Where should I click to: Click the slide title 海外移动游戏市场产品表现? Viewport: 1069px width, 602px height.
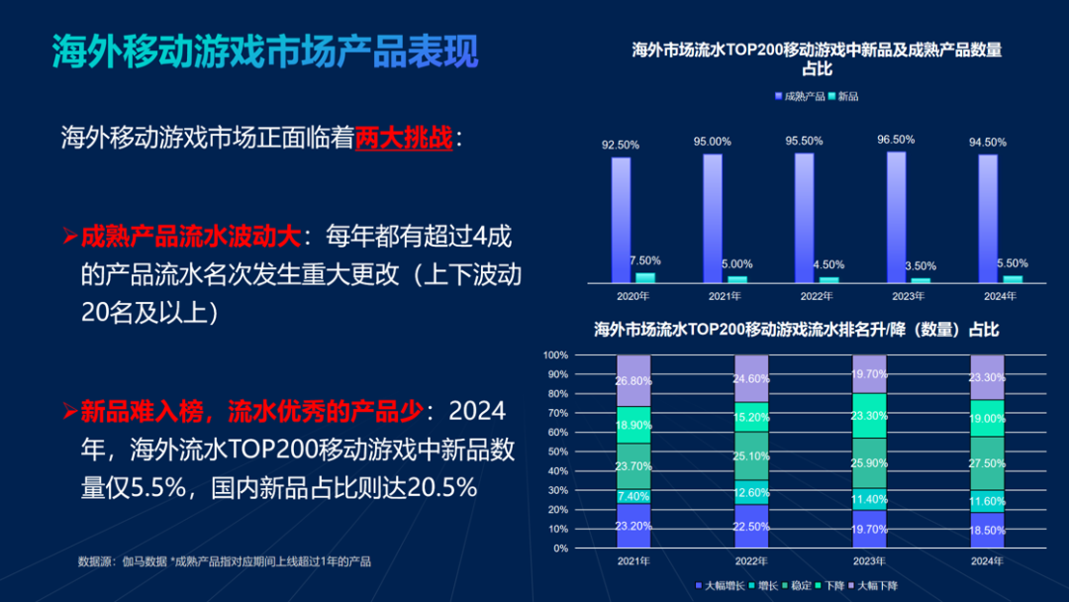click(x=265, y=51)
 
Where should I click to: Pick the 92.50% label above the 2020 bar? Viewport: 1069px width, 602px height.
click(x=621, y=145)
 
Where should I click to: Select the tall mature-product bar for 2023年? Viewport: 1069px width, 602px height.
click(x=896, y=217)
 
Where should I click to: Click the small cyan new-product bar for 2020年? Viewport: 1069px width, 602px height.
click(x=645, y=278)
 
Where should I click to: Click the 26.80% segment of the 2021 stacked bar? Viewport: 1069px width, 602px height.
click(x=633, y=380)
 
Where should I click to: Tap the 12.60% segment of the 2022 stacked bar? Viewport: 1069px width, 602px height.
click(x=752, y=493)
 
